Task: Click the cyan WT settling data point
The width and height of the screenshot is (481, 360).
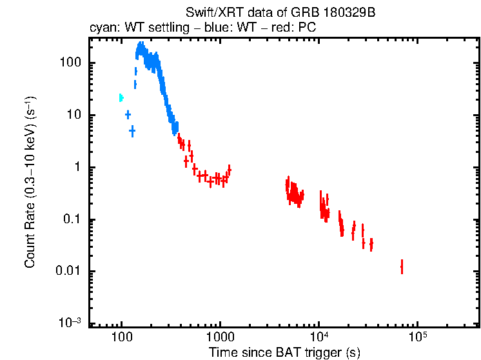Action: [121, 98]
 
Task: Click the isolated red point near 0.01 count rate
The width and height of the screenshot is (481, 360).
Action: [402, 266]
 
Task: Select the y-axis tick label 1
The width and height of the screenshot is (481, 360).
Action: [77, 168]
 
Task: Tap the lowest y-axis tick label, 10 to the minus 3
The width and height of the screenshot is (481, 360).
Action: [70, 323]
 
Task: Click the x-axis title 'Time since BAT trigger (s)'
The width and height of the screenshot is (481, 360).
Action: [284, 353]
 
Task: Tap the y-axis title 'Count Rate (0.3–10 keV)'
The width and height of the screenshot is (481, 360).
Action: [30, 182]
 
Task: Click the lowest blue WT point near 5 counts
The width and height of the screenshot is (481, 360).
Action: [132, 132]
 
